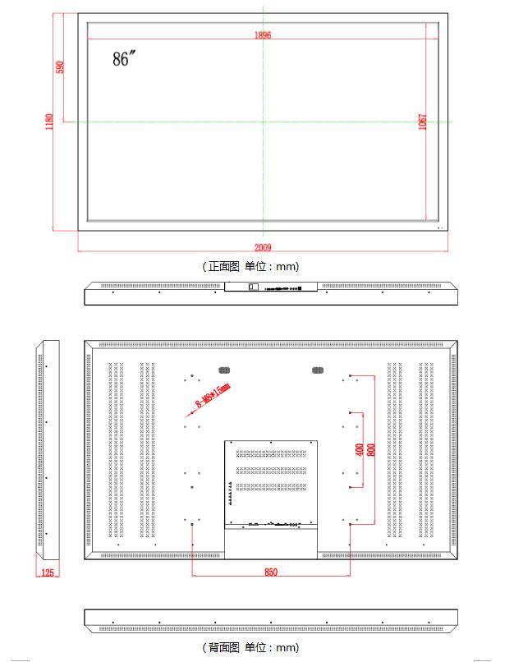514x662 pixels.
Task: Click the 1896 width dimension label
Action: click(263, 34)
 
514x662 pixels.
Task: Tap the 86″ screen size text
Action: click(124, 58)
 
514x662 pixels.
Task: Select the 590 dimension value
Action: click(60, 67)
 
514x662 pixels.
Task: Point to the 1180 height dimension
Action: click(49, 122)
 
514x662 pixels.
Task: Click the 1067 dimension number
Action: click(422, 122)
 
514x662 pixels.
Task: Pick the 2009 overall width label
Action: click(263, 247)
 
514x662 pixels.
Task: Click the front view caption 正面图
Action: click(223, 266)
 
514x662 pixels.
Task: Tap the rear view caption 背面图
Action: click(223, 647)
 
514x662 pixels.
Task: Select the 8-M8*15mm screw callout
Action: click(213, 395)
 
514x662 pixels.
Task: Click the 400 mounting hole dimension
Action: click(359, 449)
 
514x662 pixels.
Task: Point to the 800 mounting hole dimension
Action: click(371, 449)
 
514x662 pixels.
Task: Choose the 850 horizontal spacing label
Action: click(271, 572)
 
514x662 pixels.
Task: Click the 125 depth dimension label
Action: click(48, 572)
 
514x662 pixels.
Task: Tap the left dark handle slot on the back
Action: click(224, 370)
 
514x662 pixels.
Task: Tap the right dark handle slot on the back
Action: click(318, 370)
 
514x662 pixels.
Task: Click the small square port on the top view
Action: click(253, 287)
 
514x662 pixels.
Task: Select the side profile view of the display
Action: click(48, 449)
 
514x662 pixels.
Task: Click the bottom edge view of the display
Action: click(271, 621)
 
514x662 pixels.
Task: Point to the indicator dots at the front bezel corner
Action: click(440, 228)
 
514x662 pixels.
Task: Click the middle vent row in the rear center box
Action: click(271, 471)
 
